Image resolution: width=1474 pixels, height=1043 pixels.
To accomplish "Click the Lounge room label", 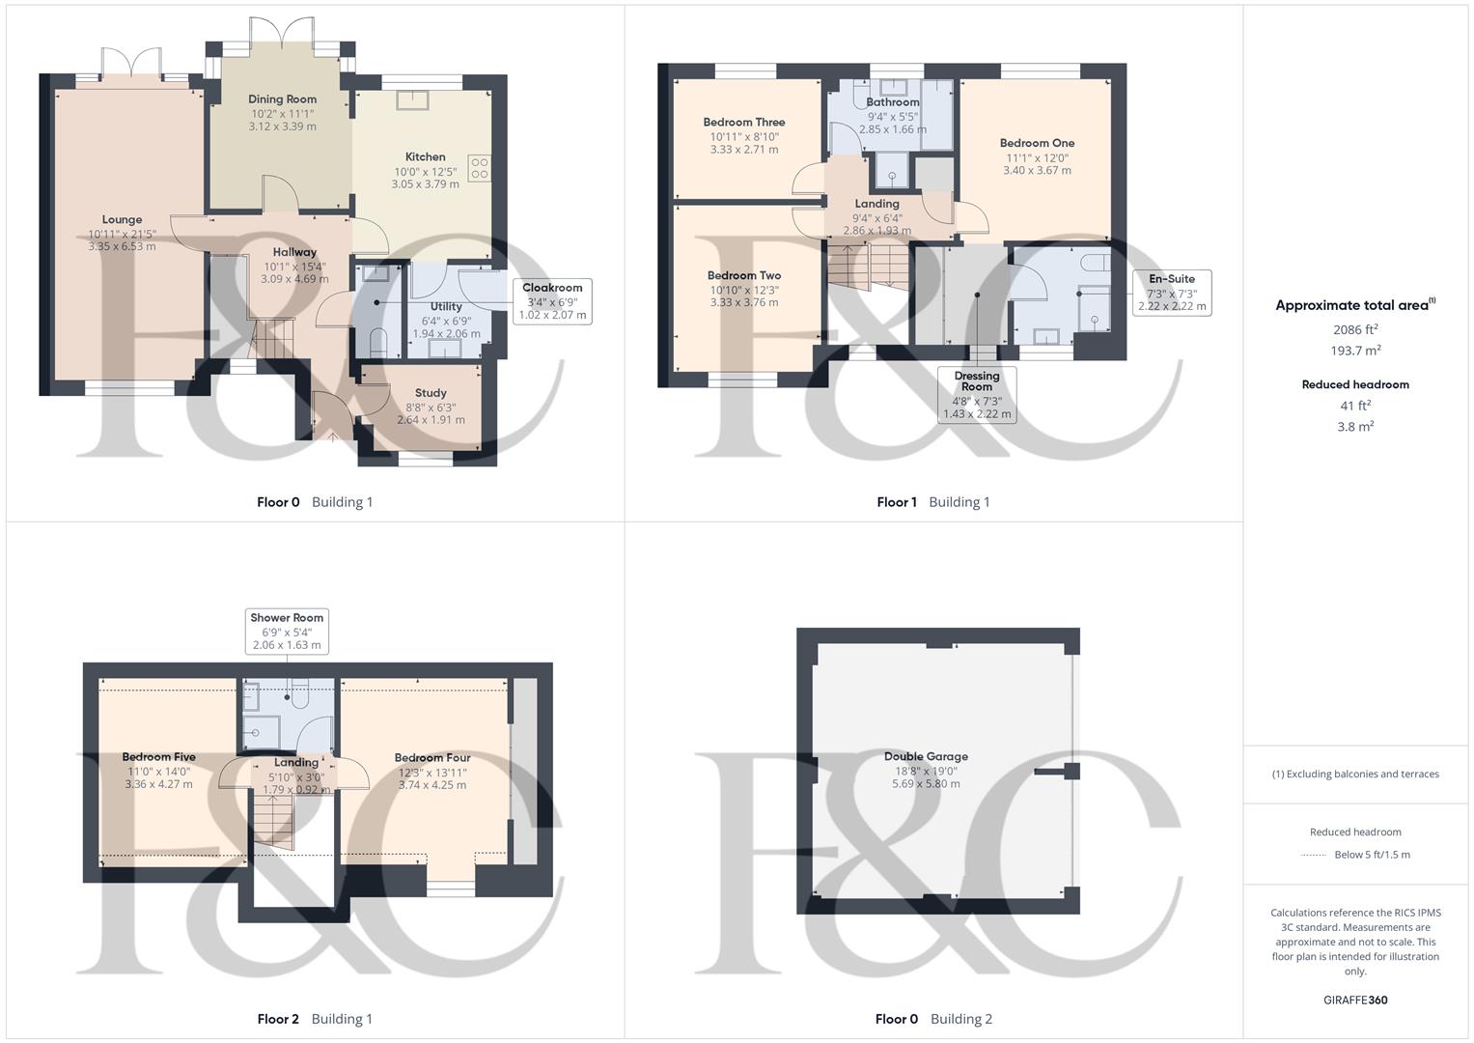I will click(x=122, y=220).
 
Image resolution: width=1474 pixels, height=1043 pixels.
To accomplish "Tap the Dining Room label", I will click(x=282, y=99).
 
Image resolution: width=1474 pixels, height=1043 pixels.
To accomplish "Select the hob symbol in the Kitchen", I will click(x=479, y=168).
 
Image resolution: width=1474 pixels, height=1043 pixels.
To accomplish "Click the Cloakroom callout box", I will click(x=552, y=301).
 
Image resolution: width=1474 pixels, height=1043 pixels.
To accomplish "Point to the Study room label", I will click(x=431, y=393).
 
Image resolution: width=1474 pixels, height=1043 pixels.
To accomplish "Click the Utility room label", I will click(x=446, y=307).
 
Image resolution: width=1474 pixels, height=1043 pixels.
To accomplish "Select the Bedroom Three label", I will click(x=743, y=123).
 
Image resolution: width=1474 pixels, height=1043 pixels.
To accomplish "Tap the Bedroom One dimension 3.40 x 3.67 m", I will click(x=1037, y=171).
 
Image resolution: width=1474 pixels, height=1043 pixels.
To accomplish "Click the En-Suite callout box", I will click(x=1172, y=293).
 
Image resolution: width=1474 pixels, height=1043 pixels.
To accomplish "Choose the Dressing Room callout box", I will click(x=977, y=394).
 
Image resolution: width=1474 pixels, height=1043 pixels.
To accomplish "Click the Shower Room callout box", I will click(x=287, y=632).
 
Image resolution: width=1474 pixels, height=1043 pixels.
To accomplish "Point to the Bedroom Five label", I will click(x=158, y=757).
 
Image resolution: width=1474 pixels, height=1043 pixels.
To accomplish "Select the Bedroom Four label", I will click(x=432, y=758).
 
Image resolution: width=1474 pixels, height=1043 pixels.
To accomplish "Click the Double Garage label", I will click(x=926, y=757).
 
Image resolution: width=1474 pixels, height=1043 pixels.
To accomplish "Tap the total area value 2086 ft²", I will click(x=1355, y=330).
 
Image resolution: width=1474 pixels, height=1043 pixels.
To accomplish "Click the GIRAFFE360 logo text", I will click(x=1355, y=1001).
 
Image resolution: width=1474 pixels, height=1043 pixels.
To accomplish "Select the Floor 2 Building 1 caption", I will click(x=315, y=1019).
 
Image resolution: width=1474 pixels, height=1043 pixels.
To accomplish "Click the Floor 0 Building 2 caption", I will click(x=933, y=1019).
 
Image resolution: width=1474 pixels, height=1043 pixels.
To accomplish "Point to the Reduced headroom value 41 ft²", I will click(x=1355, y=407).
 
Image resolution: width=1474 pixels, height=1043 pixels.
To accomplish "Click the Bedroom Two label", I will click(x=743, y=276).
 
